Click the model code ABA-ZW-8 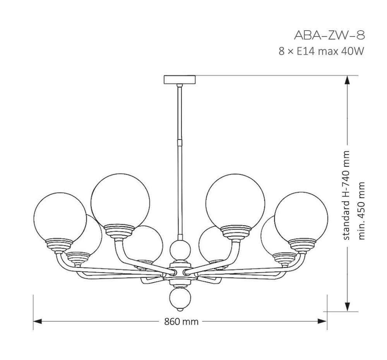pyautogui.click(x=329, y=35)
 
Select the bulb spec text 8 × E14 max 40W pyautogui.click(x=321, y=51)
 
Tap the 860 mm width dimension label pyautogui.click(x=182, y=321)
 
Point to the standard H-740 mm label pyautogui.click(x=346, y=195)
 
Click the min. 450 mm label pyautogui.click(x=361, y=211)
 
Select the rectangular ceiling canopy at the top pyautogui.click(x=180, y=79)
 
